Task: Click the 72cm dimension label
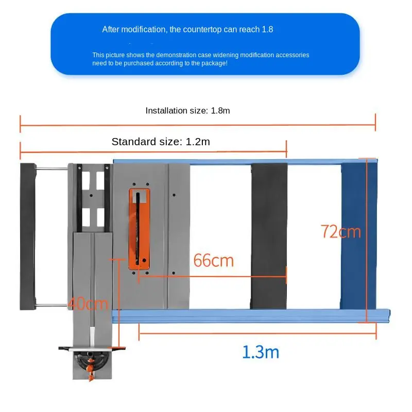click(341, 231)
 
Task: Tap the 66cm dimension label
click(213, 261)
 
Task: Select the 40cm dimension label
click(88, 304)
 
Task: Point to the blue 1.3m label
click(261, 352)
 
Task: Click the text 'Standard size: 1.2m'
click(161, 142)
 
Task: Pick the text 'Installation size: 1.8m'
click(187, 111)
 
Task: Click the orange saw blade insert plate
click(139, 229)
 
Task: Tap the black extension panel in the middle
click(269, 236)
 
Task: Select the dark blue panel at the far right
click(359, 236)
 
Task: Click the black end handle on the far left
click(28, 236)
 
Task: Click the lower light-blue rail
click(251, 316)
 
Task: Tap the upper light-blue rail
click(245, 162)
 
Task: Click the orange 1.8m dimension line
click(198, 125)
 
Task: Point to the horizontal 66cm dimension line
click(212, 277)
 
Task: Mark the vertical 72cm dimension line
click(366, 240)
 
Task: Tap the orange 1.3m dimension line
click(257, 333)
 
